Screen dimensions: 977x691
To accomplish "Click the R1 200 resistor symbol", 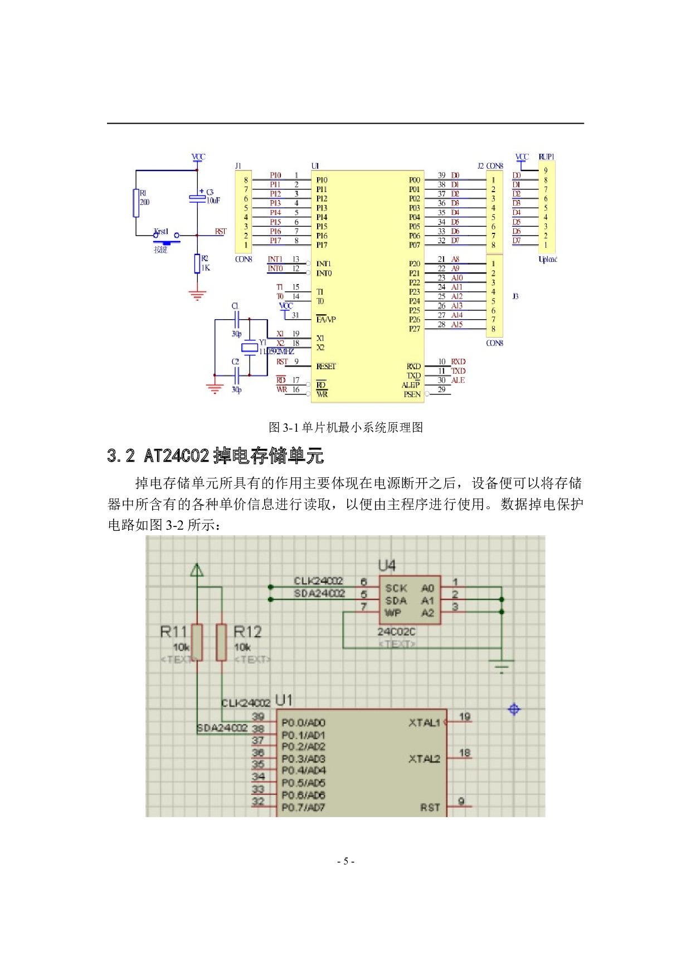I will [136, 203].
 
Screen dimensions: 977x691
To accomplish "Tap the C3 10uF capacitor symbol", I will [197, 198].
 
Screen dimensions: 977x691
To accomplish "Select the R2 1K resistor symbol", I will [197, 263].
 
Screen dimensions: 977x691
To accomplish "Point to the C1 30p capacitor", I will [237, 320].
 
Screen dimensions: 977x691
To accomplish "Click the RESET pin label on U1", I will [326, 367].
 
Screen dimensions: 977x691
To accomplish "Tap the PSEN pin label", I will [412, 394].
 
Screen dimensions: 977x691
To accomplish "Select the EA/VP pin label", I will [326, 320].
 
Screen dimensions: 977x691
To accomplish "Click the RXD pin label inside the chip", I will [413, 367].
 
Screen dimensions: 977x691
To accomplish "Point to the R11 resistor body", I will [197, 642].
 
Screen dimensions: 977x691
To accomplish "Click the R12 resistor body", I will [221, 642].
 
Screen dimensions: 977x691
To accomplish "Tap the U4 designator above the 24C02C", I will [387, 566].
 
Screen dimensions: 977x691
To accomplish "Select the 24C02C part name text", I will [396, 632].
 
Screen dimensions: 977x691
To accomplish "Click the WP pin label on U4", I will [393, 613].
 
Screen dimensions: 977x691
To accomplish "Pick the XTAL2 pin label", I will [424, 759].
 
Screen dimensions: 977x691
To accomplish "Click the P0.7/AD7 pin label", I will [303, 808].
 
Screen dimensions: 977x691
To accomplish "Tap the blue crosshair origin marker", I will [514, 709].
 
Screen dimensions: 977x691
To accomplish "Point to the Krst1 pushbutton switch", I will [167, 238].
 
